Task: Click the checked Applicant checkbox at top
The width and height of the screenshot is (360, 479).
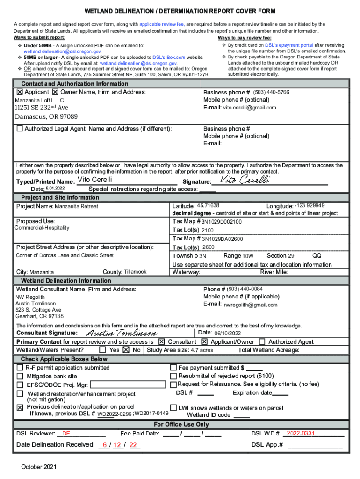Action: coord(20,93)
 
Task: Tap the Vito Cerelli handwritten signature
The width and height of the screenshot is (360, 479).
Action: coord(245,181)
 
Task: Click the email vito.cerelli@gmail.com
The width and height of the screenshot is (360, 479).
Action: coord(249,108)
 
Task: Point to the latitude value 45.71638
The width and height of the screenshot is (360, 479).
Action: coord(208,206)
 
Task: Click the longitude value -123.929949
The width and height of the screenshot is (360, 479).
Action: coord(310,206)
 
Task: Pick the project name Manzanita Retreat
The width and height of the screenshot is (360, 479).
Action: coord(76,206)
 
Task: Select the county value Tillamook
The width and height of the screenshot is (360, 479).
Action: coord(135,272)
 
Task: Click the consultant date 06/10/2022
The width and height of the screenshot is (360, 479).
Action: coord(227,333)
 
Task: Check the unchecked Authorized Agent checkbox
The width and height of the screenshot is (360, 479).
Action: coord(262,341)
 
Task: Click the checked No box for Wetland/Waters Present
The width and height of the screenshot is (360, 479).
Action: coord(126,350)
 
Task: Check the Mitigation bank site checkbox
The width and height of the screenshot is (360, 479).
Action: coord(20,376)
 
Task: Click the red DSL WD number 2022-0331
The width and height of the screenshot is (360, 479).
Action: coord(301,434)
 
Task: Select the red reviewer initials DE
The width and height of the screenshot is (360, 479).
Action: coord(66,434)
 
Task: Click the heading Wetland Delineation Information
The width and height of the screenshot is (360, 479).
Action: coord(66,281)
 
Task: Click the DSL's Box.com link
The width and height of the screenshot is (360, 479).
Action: coord(169,57)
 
